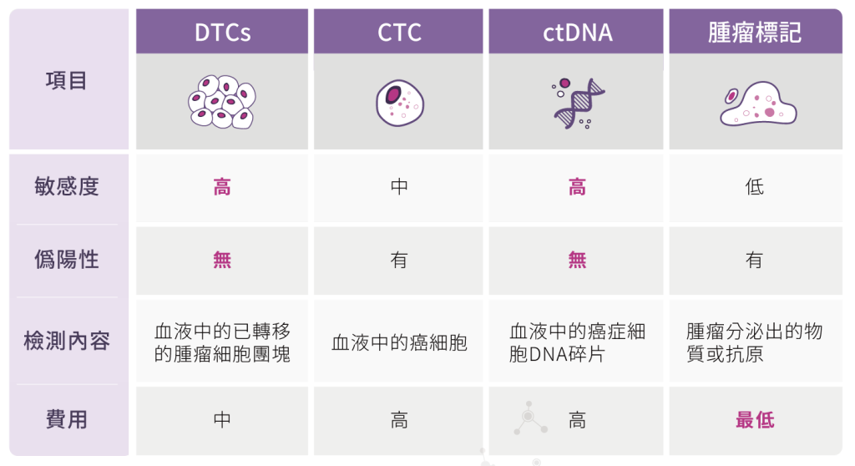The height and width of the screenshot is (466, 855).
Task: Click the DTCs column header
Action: (222, 33)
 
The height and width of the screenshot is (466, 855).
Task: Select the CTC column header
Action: (399, 33)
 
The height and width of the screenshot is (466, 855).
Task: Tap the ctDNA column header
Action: (578, 33)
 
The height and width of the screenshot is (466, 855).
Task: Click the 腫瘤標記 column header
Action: (755, 33)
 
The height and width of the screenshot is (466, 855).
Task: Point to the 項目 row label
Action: (67, 81)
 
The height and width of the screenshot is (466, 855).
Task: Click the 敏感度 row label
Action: (67, 186)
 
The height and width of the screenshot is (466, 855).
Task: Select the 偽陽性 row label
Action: (67, 259)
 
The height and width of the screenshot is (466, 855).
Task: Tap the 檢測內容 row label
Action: (67, 341)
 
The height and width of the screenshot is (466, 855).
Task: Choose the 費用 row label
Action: (67, 419)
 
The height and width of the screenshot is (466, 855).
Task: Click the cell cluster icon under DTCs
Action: (222, 102)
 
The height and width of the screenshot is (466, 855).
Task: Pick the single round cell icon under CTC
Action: (400, 103)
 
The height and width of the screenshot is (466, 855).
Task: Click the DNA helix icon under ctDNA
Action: (578, 104)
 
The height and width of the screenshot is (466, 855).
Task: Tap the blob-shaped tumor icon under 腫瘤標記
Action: (758, 104)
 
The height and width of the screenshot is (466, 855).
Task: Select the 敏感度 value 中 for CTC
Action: (399, 187)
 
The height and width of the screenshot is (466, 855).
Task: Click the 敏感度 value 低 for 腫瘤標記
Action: (755, 187)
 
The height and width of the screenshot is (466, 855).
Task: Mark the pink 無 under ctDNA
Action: (578, 260)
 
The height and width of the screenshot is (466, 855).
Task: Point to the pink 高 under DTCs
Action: (222, 187)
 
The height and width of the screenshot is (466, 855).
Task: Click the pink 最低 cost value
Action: (755, 420)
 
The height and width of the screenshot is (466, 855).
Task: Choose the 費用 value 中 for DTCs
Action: (222, 420)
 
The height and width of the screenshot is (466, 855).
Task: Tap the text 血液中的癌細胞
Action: (399, 342)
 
